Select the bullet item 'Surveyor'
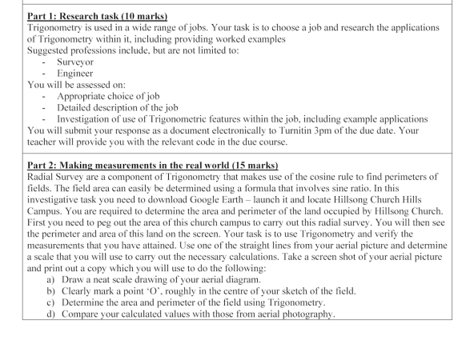click(75, 61)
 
